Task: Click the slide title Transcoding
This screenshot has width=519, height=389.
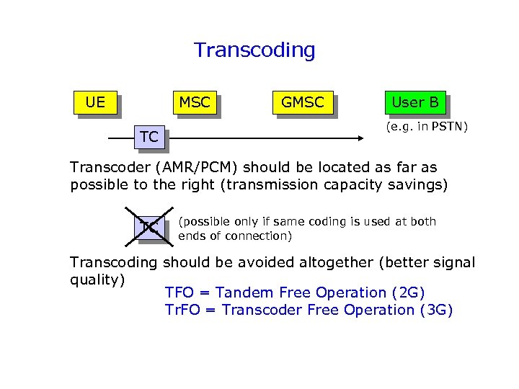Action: [254, 50]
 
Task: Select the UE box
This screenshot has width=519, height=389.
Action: [94, 102]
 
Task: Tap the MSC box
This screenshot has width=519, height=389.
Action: [194, 102]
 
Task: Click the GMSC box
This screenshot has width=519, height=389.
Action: [302, 102]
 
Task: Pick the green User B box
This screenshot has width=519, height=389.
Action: [414, 102]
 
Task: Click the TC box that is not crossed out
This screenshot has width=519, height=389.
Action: [149, 137]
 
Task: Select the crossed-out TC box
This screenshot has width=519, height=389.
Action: [150, 228]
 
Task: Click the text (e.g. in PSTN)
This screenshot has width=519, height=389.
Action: [427, 128]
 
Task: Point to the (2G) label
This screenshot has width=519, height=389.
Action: [408, 292]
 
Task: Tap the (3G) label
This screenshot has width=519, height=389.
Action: [435, 310]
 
